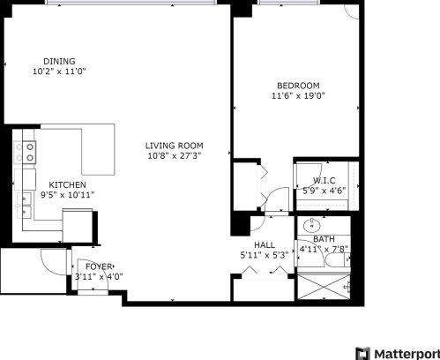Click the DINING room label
pos(59,61)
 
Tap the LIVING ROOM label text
pos(175,146)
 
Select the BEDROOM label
pos(298,86)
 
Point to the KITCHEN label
pos(67,185)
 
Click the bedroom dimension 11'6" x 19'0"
pos(298,95)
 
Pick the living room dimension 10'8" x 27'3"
pos(175,155)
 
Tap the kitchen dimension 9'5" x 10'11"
pos(67,195)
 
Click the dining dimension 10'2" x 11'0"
pos(59,71)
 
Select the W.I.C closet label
pos(324,180)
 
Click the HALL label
pos(265,245)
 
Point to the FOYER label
pos(99,266)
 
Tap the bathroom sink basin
pos(311,226)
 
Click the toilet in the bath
pos(339,259)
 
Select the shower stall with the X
pos(324,287)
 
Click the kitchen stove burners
pos(26,153)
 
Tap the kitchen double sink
pos(24,206)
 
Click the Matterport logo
pos(398,353)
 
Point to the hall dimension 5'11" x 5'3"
pos(265,255)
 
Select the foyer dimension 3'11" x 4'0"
pos(99,277)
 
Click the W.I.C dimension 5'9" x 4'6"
pos(324,191)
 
